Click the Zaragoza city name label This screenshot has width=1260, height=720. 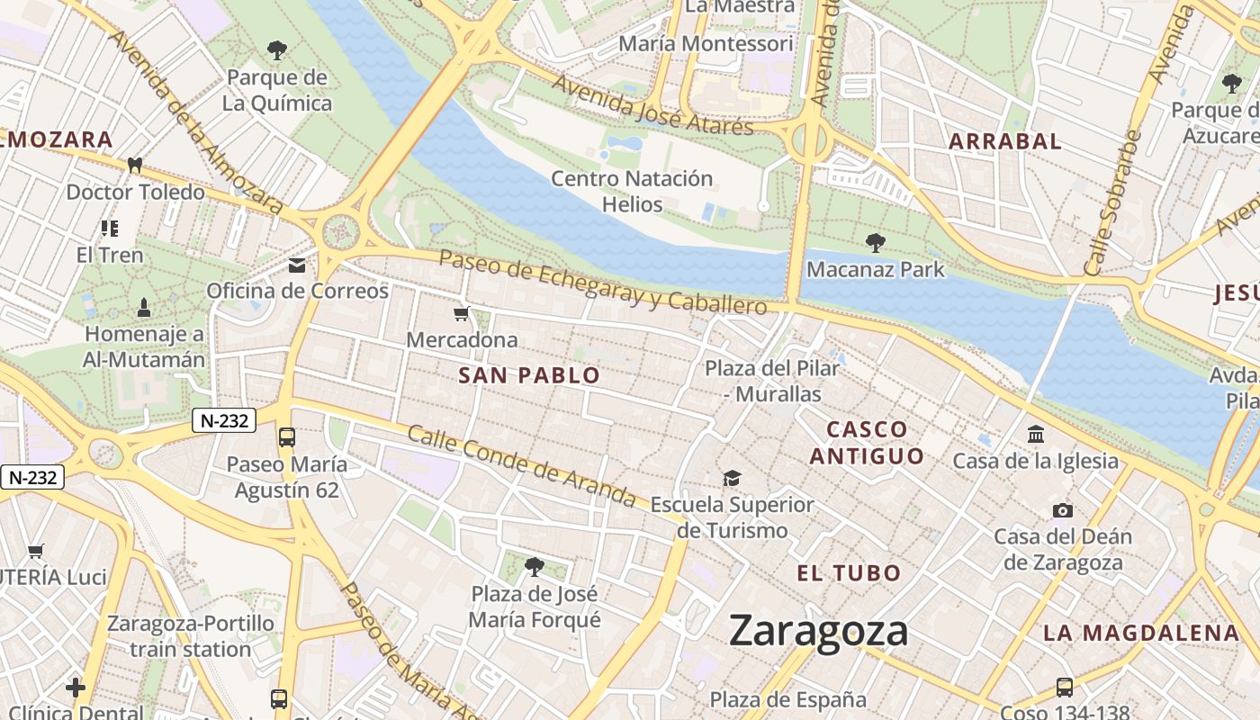(818, 631)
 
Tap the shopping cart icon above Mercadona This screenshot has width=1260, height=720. (462, 314)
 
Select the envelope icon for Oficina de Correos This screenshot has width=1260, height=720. (297, 265)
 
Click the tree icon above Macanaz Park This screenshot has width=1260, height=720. (875, 242)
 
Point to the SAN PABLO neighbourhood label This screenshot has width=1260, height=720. (529, 376)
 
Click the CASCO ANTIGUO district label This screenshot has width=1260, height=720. (867, 443)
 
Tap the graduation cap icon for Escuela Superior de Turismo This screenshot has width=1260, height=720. (733, 478)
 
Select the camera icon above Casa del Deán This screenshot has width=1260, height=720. (1063, 510)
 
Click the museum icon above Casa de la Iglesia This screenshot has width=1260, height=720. (1036, 435)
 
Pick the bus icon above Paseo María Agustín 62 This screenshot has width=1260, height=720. (287, 437)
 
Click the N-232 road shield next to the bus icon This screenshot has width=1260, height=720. (224, 420)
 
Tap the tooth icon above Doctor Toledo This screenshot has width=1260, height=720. (135, 166)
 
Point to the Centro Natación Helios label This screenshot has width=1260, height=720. (632, 192)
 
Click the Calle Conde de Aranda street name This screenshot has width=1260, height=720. (522, 464)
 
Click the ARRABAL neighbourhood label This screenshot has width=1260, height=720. (1005, 141)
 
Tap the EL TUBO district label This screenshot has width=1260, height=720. (849, 573)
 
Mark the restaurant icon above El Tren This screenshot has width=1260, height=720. (110, 229)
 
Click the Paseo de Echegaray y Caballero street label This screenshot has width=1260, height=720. (603, 282)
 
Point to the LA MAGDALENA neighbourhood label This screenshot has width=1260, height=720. (1141, 634)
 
